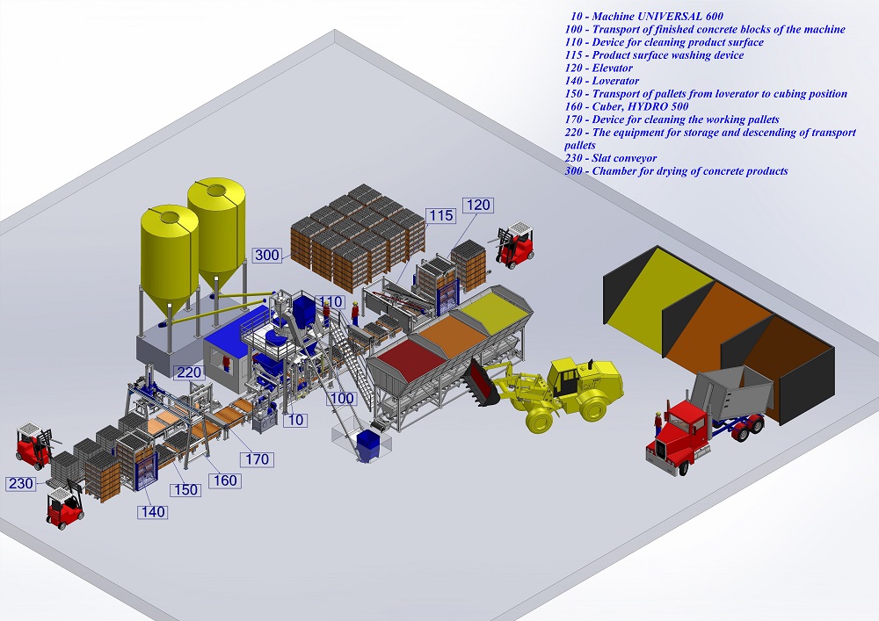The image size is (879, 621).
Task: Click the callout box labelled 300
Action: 267,256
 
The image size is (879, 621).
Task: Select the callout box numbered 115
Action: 440,215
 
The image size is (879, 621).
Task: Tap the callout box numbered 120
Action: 478,206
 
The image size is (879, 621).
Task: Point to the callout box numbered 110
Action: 330,302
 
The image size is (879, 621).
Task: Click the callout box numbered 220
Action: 190,372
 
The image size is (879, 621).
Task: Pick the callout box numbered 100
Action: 342,399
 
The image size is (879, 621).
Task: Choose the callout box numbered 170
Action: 258,459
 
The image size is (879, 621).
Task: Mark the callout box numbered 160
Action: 225,480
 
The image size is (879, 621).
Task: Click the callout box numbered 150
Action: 185,489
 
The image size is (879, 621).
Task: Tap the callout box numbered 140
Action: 153,512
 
